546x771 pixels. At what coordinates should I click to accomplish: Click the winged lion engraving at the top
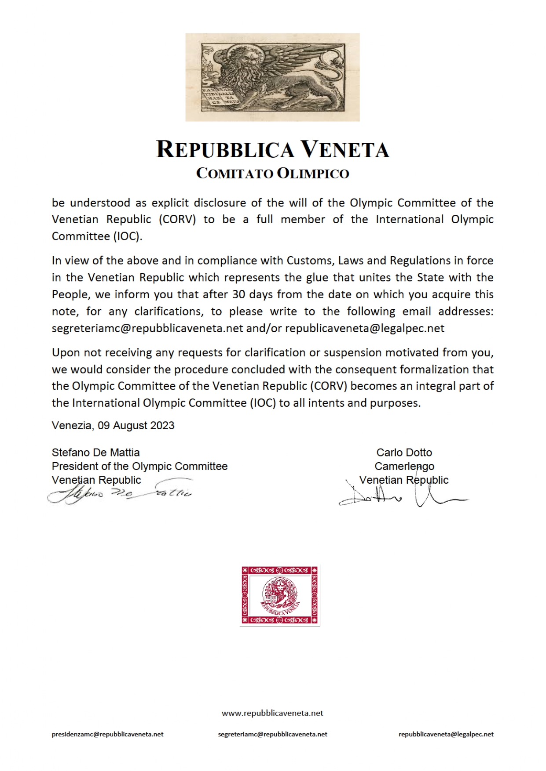click(x=272, y=77)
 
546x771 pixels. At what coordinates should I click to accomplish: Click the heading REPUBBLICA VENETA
click(x=272, y=149)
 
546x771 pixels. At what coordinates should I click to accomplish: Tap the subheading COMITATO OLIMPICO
click(x=272, y=174)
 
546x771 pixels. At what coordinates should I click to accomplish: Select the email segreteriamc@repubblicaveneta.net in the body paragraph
click(x=147, y=328)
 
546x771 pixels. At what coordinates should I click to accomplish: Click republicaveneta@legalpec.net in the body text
click(x=365, y=328)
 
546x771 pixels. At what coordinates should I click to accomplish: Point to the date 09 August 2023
click(x=136, y=425)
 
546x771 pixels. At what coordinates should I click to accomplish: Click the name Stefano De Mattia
click(x=95, y=452)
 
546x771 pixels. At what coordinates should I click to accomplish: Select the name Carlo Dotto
click(x=404, y=452)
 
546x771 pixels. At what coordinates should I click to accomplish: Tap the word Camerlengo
click(x=404, y=466)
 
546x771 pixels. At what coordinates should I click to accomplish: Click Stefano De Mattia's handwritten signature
click(x=120, y=493)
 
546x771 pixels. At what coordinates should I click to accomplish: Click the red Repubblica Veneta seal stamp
click(x=280, y=595)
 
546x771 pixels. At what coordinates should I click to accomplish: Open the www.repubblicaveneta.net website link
click(x=272, y=713)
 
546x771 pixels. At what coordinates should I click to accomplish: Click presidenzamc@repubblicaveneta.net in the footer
click(x=107, y=734)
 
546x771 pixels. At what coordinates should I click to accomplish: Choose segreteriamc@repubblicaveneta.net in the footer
click(x=272, y=734)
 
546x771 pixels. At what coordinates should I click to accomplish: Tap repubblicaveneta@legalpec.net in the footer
click(x=446, y=734)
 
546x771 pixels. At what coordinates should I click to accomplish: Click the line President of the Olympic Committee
click(x=139, y=466)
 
